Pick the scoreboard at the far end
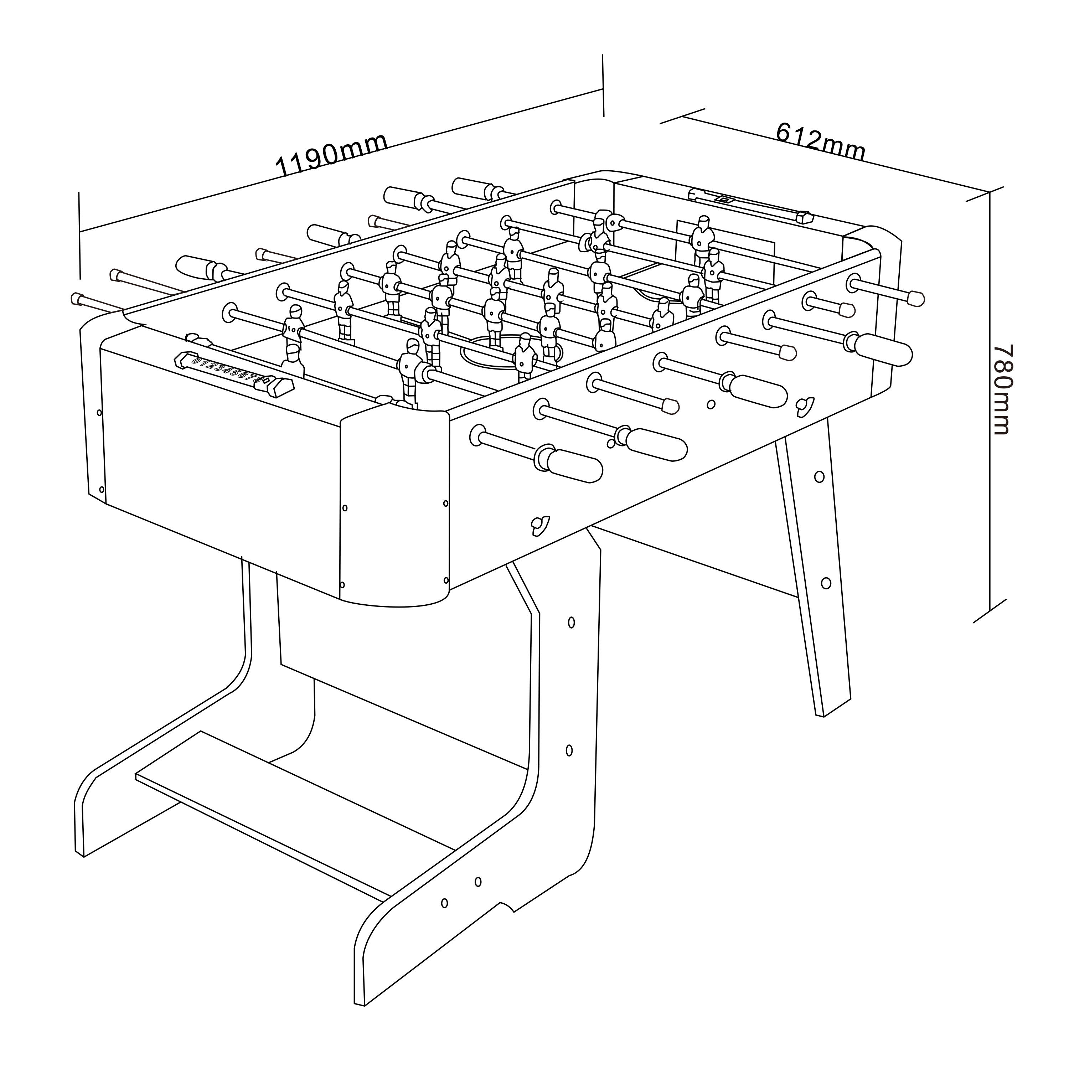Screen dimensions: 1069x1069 click(x=750, y=205)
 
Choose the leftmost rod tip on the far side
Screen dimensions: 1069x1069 click(x=76, y=299)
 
